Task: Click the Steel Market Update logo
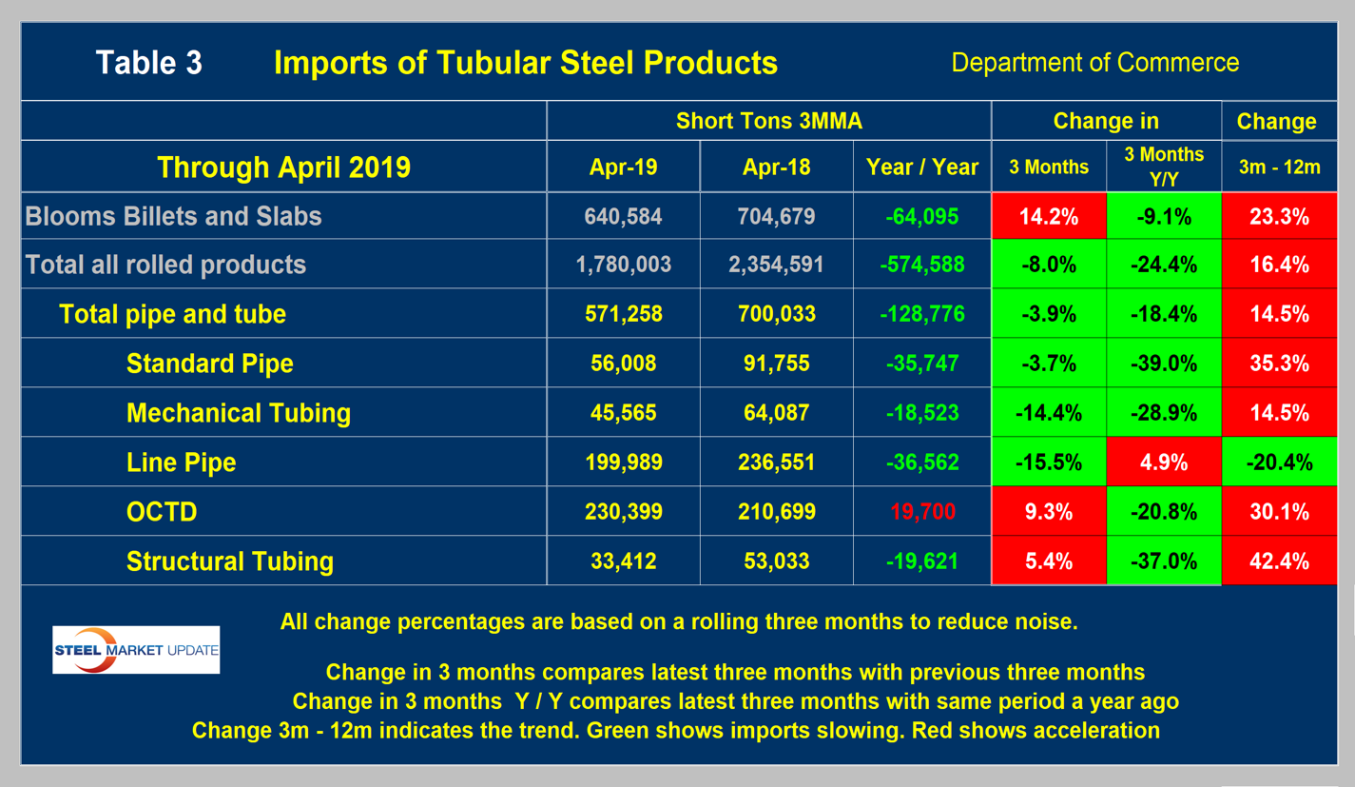pos(136,650)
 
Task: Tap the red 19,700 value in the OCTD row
pos(921,512)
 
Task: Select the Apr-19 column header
pos(623,167)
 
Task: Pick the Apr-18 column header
pos(777,167)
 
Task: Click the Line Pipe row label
pos(181,462)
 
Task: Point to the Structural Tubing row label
pos(229,561)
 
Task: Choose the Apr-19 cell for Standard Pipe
pos(623,364)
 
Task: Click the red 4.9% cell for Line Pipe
pos(1163,462)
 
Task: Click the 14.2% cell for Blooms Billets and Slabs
pos(1048,216)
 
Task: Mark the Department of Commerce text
pos(1094,63)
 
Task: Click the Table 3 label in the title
pos(148,63)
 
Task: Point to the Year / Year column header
pos(921,167)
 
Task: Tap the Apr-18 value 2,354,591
pos(777,265)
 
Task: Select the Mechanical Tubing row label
pos(238,413)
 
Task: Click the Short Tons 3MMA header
pos(768,122)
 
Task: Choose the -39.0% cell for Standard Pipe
pos(1163,364)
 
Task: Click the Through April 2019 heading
pos(283,167)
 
